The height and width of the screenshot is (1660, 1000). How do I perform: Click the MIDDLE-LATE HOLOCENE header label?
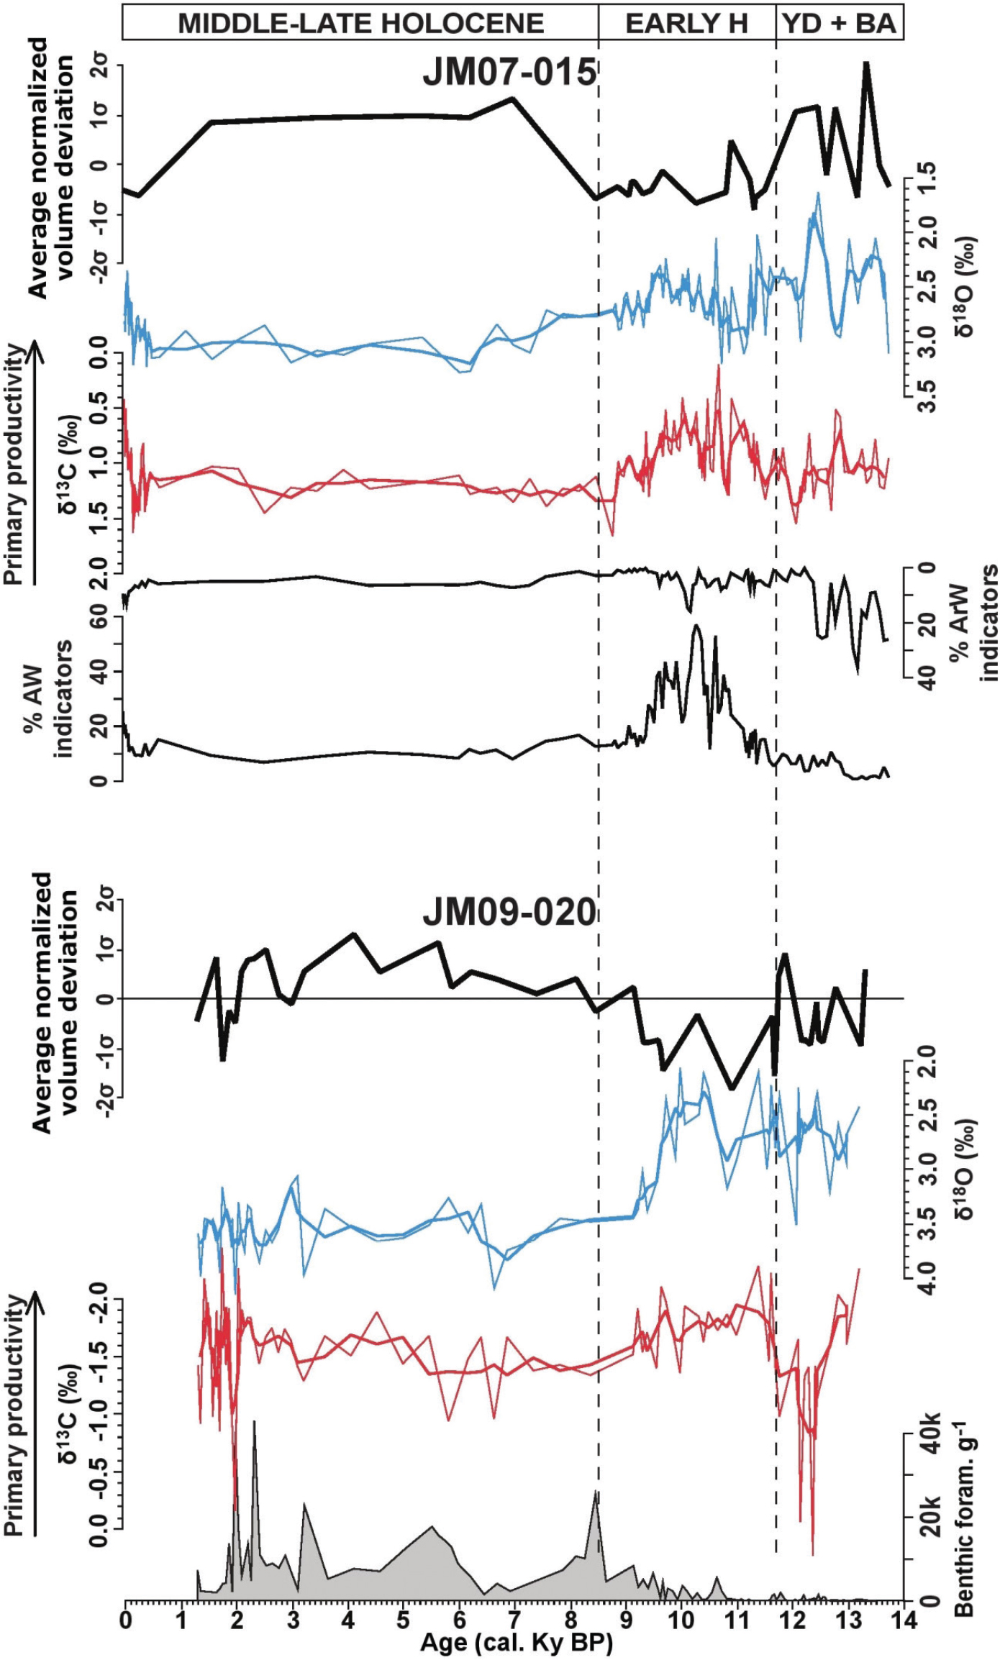point(360,23)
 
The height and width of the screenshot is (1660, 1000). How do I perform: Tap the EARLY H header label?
point(686,23)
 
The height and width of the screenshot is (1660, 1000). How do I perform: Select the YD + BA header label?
point(839,23)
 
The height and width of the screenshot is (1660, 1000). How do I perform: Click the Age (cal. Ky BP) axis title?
point(517,1644)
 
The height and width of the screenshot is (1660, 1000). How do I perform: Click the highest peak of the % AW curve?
point(696,626)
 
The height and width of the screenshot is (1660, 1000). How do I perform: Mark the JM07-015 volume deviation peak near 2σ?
point(867,64)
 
